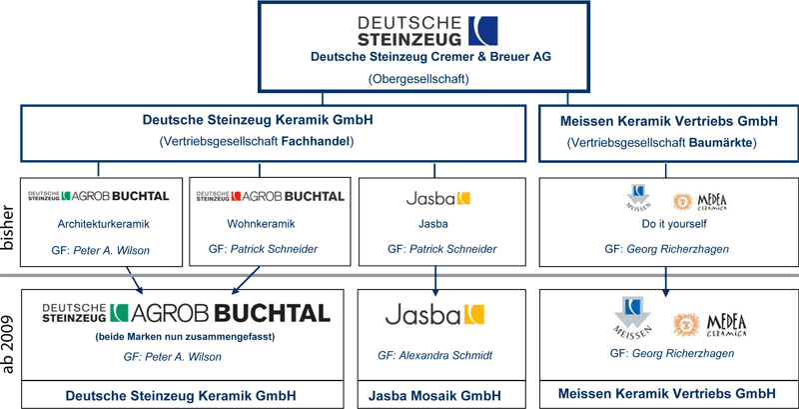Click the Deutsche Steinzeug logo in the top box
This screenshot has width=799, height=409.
427,31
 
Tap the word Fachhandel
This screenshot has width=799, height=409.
317,143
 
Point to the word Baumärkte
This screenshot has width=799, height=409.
722,144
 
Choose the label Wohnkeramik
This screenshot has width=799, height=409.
261,224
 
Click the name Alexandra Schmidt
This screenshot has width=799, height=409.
447,355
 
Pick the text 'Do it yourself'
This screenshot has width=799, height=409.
667,224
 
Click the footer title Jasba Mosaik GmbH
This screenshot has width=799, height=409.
434,396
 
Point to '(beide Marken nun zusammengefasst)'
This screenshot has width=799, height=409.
185,337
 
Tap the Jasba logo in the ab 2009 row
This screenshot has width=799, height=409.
434,315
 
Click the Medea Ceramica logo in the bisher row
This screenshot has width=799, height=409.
700,201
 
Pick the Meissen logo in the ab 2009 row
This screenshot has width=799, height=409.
632,316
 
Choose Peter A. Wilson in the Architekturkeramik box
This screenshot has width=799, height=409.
112,249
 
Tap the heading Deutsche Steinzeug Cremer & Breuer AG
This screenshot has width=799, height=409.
430,57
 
